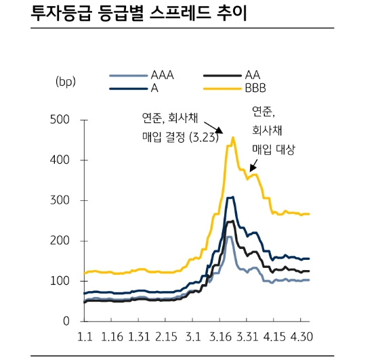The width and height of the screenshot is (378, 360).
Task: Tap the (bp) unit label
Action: (66, 82)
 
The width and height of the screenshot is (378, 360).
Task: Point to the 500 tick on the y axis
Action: (60, 120)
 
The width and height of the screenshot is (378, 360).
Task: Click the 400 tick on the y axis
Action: (60, 160)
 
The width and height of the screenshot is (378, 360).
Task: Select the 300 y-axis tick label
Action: (60, 201)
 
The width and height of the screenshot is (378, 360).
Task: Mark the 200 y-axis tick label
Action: (60, 241)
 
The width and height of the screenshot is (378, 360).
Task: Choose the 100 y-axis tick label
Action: (61, 281)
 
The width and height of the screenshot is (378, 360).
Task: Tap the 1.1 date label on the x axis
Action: (86, 336)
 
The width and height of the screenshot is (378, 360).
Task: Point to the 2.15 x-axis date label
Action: (165, 336)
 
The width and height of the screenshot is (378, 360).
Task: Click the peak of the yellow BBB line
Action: (233, 138)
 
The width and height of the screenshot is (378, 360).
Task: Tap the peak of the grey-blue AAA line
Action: (229, 237)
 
